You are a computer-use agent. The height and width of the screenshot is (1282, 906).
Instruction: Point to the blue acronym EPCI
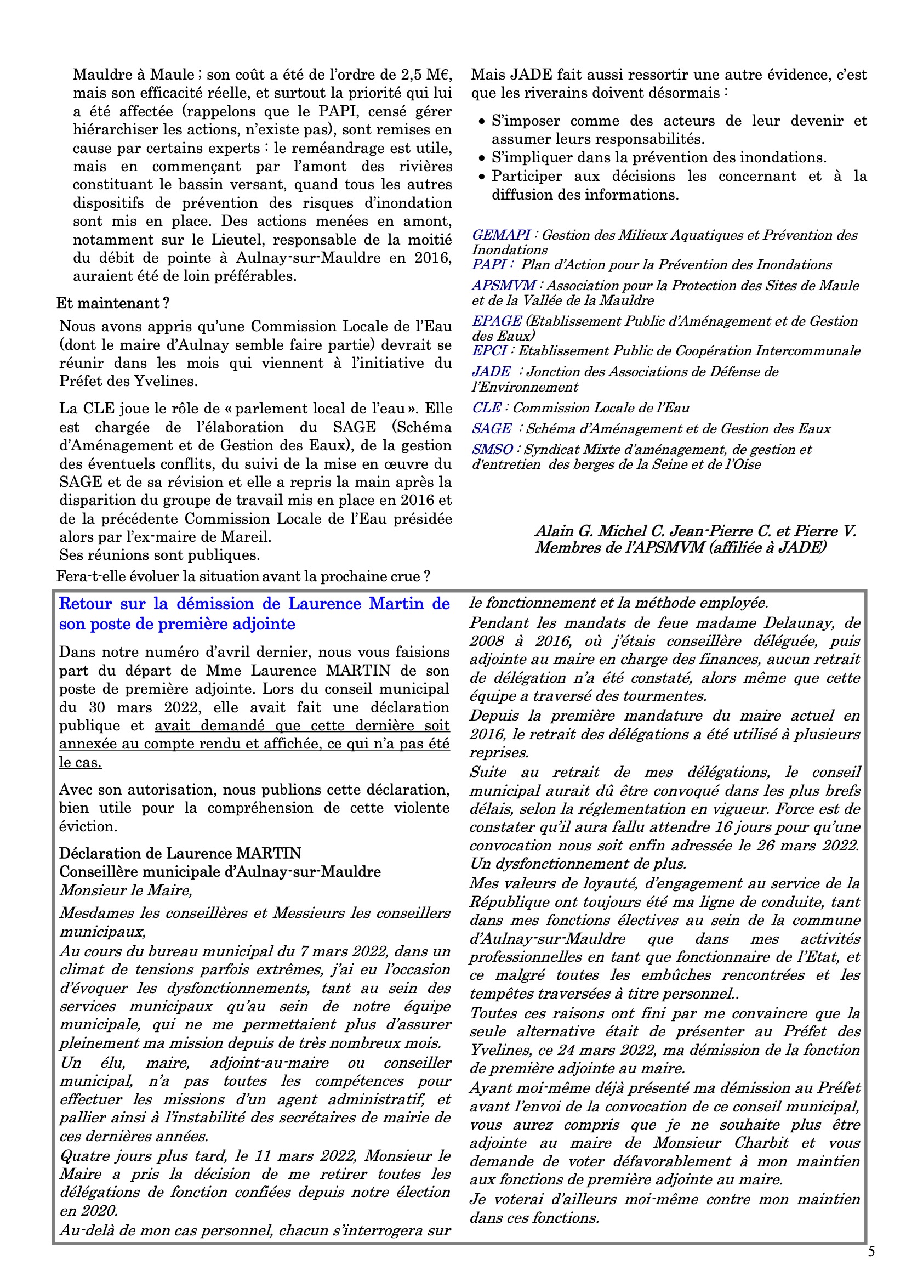(489, 350)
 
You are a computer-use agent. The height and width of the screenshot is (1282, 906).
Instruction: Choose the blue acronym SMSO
(492, 450)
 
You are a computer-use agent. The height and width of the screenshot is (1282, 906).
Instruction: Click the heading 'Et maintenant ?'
(113, 303)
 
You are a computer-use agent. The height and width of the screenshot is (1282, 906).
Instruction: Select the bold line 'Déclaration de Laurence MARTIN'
(180, 853)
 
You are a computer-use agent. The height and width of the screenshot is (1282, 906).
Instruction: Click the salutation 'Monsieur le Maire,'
(126, 890)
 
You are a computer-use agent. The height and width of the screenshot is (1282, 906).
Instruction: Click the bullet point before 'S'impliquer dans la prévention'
(482, 158)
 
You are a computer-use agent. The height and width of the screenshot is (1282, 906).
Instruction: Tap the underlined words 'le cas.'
(80, 762)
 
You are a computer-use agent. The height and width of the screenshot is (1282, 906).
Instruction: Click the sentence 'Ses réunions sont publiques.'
(159, 555)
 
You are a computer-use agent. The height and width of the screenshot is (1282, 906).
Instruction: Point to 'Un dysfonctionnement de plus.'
(578, 863)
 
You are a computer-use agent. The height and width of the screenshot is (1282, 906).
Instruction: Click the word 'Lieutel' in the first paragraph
(237, 240)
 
